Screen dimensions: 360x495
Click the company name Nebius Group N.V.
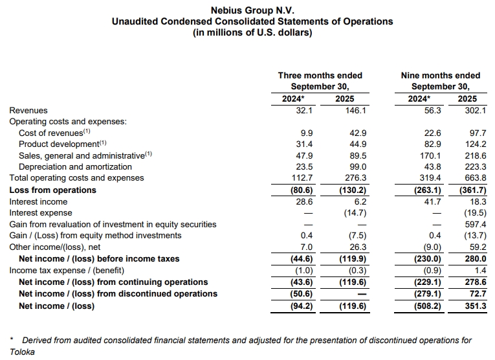[x=252, y=10]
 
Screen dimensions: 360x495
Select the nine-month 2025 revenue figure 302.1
[x=467, y=110]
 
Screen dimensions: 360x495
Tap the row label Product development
[x=62, y=144]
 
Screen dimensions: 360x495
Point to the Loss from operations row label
[x=52, y=190]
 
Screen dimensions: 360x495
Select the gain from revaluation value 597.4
[x=467, y=224]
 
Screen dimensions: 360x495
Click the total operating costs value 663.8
[x=467, y=178]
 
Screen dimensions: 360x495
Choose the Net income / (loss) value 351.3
[x=467, y=306]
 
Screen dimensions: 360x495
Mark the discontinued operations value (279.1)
[x=426, y=293]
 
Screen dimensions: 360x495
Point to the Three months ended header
[x=320, y=75]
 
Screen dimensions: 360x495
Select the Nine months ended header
[x=441, y=75]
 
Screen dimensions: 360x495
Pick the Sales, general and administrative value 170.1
[x=430, y=155]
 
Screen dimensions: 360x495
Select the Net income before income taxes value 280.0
[x=467, y=258]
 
